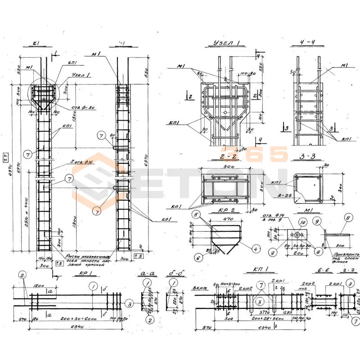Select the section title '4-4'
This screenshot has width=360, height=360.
tap(310, 44)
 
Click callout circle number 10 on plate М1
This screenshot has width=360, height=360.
tap(303, 222)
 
